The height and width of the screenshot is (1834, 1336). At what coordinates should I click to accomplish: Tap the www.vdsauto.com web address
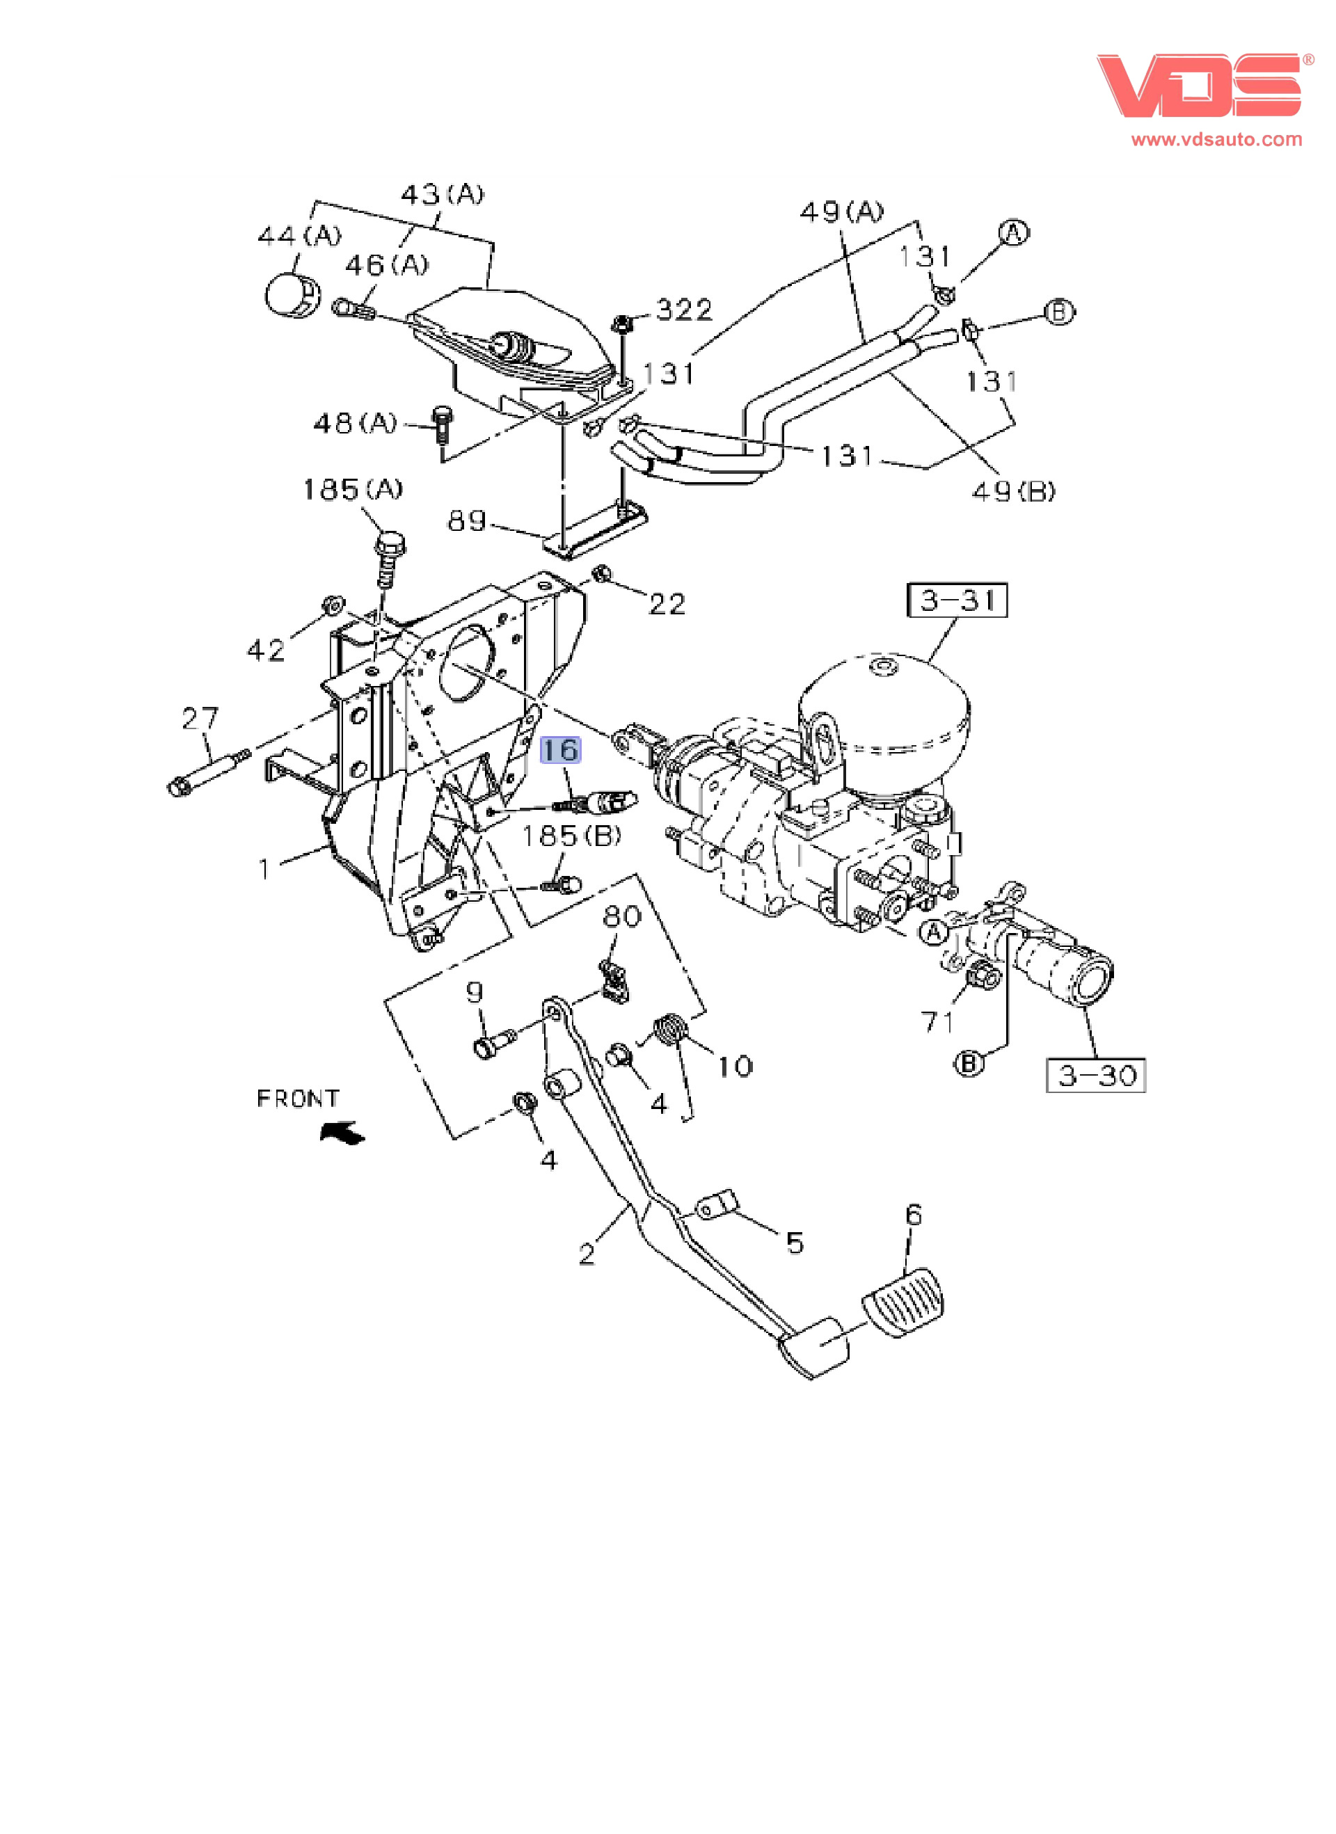1216,139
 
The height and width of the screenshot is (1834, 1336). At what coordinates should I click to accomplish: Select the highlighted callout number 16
559,751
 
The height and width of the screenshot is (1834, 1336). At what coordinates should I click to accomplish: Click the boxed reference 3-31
957,600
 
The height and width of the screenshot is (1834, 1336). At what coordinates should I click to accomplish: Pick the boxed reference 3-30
1096,1076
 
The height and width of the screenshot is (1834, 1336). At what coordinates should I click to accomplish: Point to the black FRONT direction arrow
343,1133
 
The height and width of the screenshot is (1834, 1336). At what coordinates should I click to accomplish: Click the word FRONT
298,1098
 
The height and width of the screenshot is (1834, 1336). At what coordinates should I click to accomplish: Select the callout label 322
684,310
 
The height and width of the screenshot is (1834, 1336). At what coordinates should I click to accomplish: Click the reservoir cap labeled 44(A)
292,295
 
